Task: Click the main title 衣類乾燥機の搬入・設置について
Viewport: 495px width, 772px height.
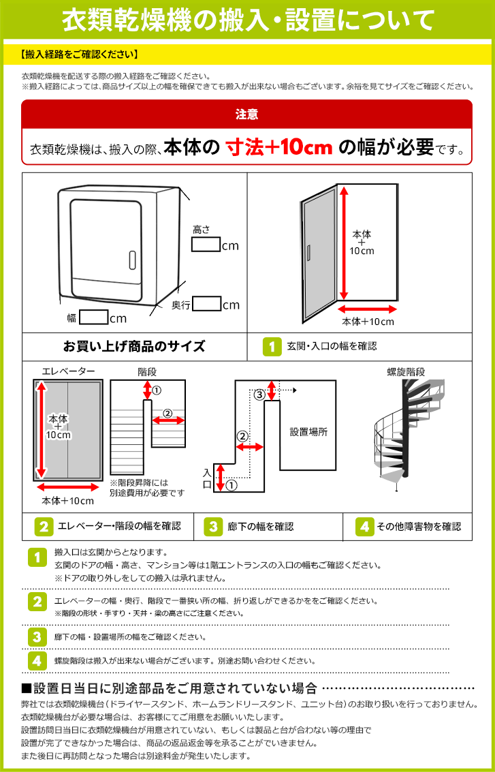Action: [x=247, y=20]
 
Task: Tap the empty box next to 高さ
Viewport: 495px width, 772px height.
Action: [x=205, y=245]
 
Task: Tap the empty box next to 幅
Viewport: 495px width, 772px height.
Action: [x=94, y=318]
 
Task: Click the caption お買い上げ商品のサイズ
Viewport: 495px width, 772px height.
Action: [x=134, y=346]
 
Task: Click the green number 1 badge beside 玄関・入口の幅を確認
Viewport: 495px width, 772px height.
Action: [x=272, y=346]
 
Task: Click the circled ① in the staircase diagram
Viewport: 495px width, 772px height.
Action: [x=157, y=390]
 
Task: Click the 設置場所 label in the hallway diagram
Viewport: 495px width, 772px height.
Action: [x=308, y=432]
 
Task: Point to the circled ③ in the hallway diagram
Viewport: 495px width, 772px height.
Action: [x=259, y=395]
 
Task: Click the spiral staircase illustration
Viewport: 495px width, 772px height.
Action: [x=406, y=429]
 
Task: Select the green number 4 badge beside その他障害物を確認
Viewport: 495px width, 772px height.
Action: [x=365, y=526]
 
